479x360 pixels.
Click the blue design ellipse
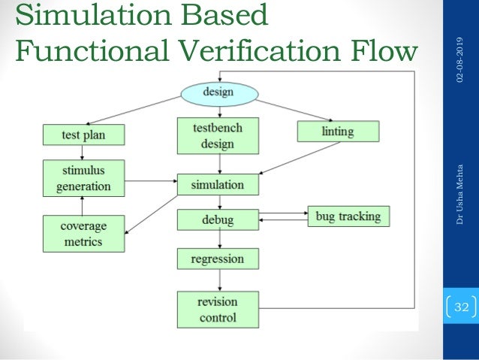[218, 93]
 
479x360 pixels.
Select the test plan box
[83, 135]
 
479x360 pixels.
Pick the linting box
[338, 132]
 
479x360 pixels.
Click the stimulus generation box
[83, 178]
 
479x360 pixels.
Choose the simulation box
[220, 184]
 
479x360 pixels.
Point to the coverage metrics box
[83, 234]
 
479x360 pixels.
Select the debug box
[218, 220]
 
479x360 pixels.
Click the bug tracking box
[348, 216]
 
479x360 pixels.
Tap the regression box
[218, 259]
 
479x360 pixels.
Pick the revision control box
[218, 310]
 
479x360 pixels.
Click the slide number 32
[461, 307]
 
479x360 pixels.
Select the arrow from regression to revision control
[218, 280]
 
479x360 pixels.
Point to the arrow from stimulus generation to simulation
[149, 180]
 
